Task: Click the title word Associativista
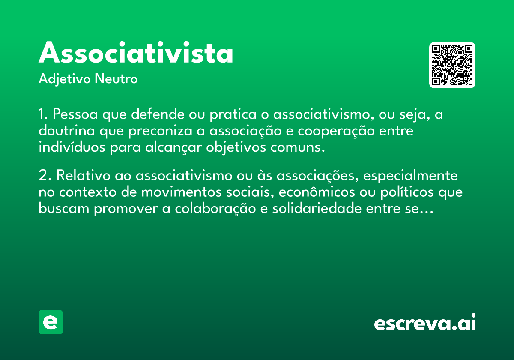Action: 136,52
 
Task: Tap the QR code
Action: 452,65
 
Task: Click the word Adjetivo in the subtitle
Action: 65,79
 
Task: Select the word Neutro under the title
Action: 116,78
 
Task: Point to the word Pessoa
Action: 75,114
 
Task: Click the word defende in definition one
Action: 158,114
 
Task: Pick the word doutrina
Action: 67,130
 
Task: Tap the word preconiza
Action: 160,131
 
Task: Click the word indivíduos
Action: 72,147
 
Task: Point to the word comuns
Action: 298,147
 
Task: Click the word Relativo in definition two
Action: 84,175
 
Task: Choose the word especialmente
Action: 410,176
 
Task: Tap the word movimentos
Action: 181,192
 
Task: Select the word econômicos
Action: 317,192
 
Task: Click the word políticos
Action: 407,192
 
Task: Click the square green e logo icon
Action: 51,322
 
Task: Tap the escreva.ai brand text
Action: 425,322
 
